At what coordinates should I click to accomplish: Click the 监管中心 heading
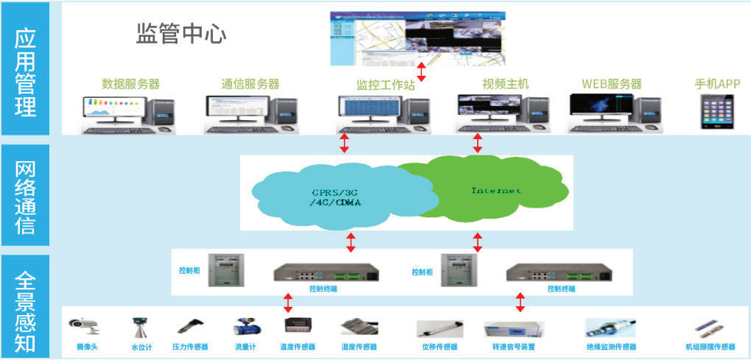tap(181, 34)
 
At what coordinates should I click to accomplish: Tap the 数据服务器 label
tap(130, 84)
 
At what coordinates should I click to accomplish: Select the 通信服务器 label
tap(250, 84)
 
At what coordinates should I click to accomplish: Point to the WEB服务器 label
tap(611, 84)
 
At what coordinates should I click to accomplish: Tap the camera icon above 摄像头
tap(84, 325)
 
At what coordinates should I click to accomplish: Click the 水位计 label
tap(141, 347)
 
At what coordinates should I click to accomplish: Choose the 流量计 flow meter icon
tap(244, 327)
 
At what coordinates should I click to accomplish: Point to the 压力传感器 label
tap(190, 347)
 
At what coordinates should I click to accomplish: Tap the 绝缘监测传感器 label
tap(611, 347)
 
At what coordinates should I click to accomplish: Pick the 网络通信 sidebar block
tap(25, 196)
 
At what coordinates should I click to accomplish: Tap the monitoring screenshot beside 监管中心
tap(419, 35)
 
